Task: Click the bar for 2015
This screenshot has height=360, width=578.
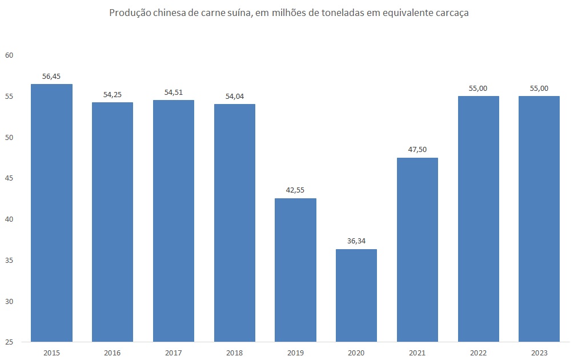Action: click(51, 213)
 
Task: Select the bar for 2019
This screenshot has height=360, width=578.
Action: click(295, 270)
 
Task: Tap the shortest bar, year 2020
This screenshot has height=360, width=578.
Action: click(356, 295)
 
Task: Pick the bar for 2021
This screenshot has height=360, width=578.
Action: click(417, 250)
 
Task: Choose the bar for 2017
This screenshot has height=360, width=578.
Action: click(173, 221)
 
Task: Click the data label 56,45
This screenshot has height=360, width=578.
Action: click(51, 76)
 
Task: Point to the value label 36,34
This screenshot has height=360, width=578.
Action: click(356, 241)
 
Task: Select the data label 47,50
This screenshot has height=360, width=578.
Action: click(417, 150)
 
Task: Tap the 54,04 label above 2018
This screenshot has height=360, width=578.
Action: click(234, 96)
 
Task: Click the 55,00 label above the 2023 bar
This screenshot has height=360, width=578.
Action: click(539, 88)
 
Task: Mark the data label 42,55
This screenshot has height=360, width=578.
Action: click(295, 190)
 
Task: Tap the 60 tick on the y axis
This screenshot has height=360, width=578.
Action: click(9, 55)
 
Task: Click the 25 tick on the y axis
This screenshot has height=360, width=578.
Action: click(9, 342)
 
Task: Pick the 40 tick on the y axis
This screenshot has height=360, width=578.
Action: click(9, 219)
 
